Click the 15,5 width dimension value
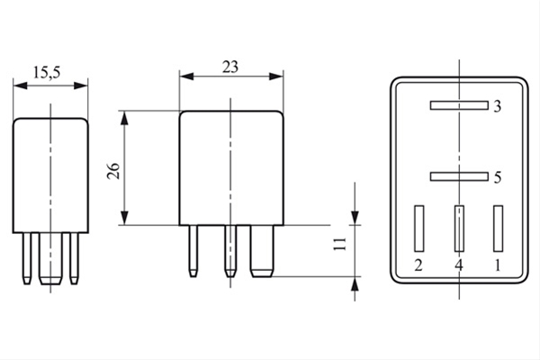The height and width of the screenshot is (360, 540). click(x=47, y=73)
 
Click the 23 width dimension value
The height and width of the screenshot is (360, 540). click(x=230, y=67)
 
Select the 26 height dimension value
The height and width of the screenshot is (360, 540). click(x=113, y=170)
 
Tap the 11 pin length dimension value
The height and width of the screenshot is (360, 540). click(x=340, y=244)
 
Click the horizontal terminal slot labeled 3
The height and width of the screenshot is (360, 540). click(x=459, y=105)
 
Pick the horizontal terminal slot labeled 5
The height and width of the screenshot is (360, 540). click(x=459, y=176)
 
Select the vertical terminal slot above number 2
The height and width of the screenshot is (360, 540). click(x=419, y=229)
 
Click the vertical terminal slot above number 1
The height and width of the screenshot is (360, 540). click(x=498, y=229)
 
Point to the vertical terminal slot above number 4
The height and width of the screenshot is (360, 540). click(x=459, y=229)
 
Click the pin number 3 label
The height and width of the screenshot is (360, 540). click(x=497, y=107)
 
